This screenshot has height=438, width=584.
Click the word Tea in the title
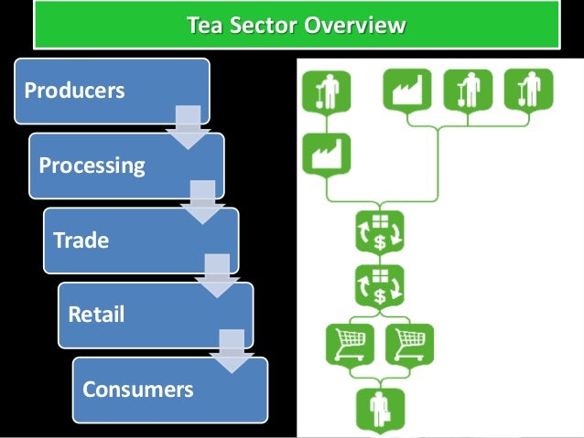[203, 25]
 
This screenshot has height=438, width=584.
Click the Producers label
[74, 91]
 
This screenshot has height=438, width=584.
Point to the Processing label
[92, 166]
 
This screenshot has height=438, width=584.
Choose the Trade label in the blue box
[81, 240]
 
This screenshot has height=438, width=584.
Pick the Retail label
[96, 315]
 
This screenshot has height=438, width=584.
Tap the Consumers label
[138, 390]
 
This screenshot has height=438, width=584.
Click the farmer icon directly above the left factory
[326, 91]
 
